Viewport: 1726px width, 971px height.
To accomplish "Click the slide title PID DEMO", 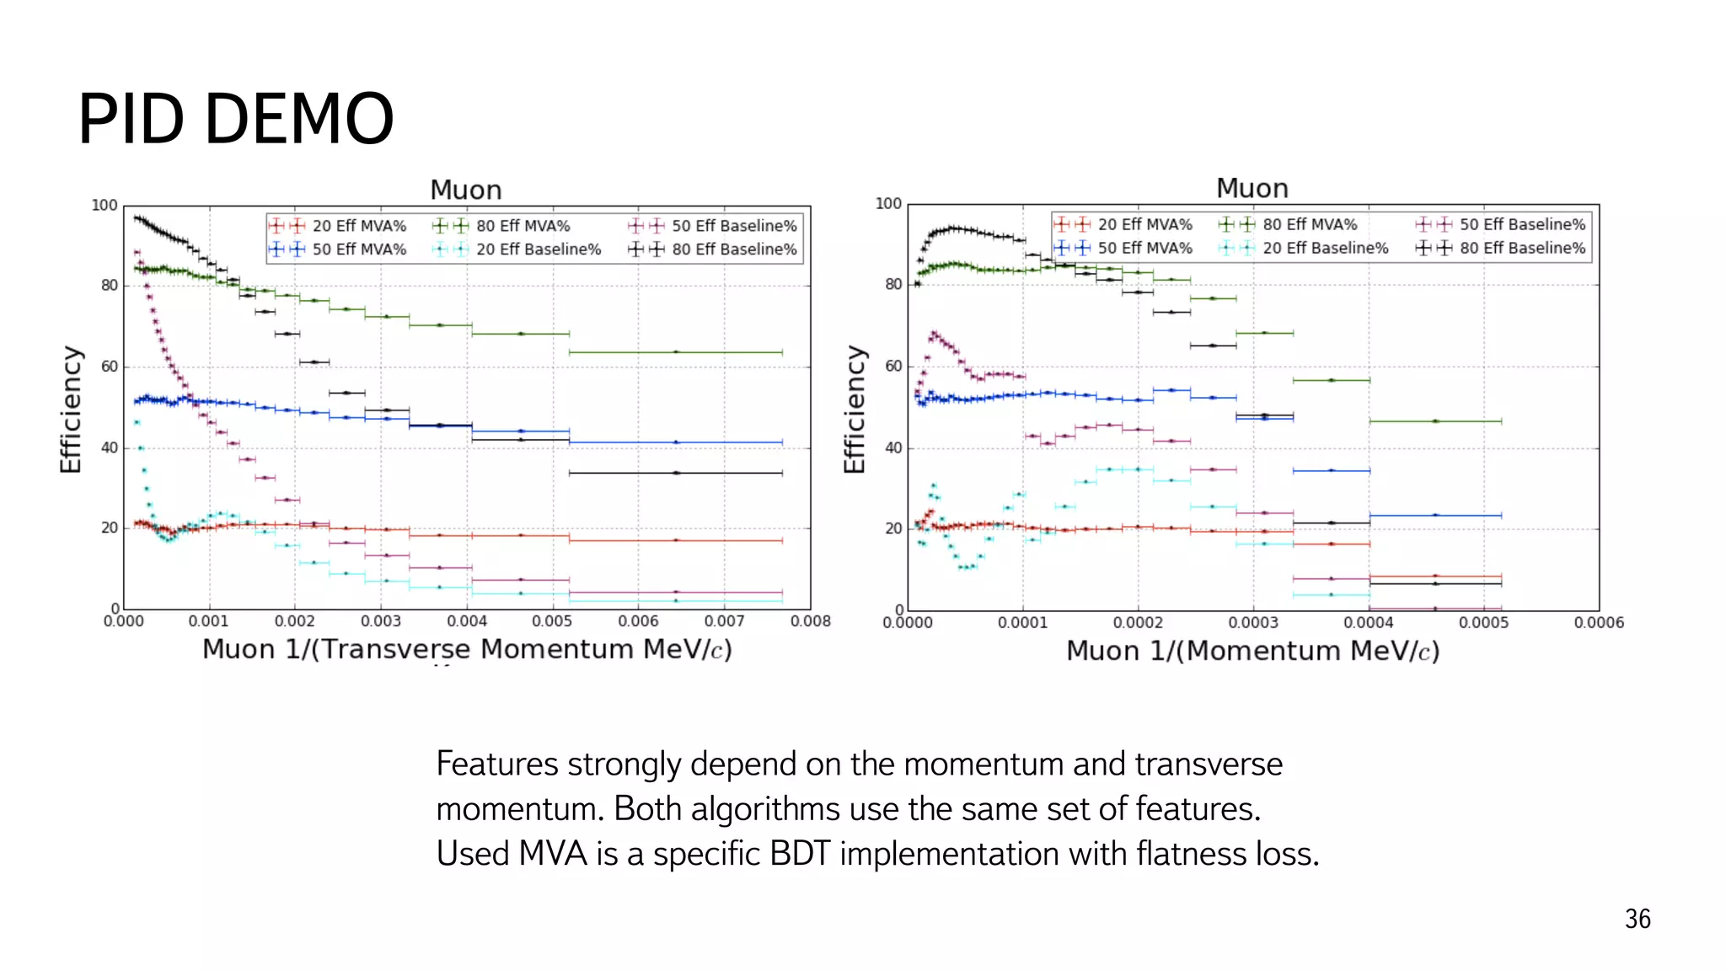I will tap(236, 119).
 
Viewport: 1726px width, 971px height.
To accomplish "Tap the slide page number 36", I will tap(1637, 919).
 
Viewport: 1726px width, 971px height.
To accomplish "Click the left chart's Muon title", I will tap(465, 190).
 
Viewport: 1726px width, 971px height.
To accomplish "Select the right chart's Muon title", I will tap(1252, 188).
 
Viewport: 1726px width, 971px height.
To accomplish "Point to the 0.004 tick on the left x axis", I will tap(467, 621).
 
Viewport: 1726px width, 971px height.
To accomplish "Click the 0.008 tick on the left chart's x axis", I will tap(810, 621).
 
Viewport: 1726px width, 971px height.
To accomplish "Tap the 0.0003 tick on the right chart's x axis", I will tap(1253, 623).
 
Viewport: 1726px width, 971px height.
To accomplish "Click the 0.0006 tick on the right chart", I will tap(1599, 623).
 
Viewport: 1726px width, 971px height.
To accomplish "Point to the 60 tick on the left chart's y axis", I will tap(110, 367).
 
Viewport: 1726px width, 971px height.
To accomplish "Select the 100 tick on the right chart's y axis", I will tap(888, 204).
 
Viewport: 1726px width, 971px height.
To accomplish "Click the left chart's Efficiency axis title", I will tap(71, 410).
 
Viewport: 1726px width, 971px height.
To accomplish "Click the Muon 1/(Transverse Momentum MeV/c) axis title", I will tap(467, 650).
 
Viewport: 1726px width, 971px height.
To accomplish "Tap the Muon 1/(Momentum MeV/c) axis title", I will tap(1252, 651).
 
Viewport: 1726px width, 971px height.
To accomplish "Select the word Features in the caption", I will tap(497, 764).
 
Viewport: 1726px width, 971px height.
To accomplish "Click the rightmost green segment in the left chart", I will tap(676, 352).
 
